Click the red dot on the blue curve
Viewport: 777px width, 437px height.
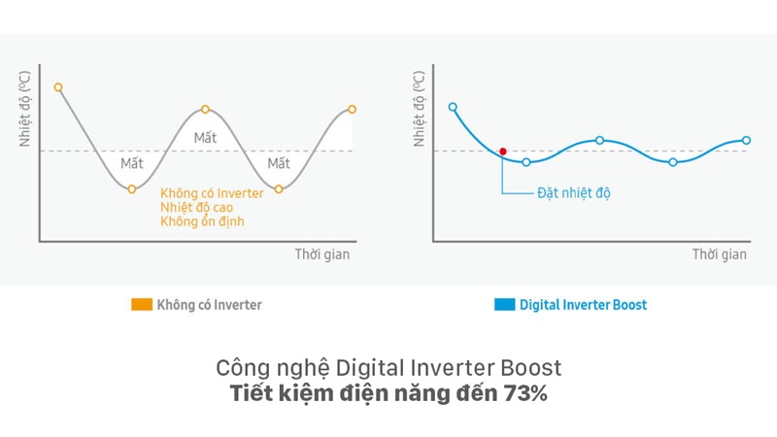502,151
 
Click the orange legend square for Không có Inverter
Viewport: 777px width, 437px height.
142,305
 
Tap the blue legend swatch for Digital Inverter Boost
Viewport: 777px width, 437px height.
504,305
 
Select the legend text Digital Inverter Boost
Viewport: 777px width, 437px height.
583,305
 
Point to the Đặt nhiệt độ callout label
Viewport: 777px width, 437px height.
574,192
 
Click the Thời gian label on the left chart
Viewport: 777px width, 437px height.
322,254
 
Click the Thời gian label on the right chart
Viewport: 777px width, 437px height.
720,254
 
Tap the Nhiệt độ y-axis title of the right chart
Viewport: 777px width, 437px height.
420,110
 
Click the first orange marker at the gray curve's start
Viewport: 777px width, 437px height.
58,87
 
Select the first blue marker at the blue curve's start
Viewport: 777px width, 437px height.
453,107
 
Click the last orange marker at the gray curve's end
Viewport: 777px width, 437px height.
352,109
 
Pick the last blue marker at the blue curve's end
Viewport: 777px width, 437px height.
746,140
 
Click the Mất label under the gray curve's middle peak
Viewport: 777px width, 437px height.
205,137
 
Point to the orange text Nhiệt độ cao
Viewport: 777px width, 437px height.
196,207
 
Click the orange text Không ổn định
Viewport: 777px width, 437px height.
202,221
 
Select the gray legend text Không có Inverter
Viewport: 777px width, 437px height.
210,305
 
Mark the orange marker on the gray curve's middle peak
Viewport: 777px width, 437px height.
205,109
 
